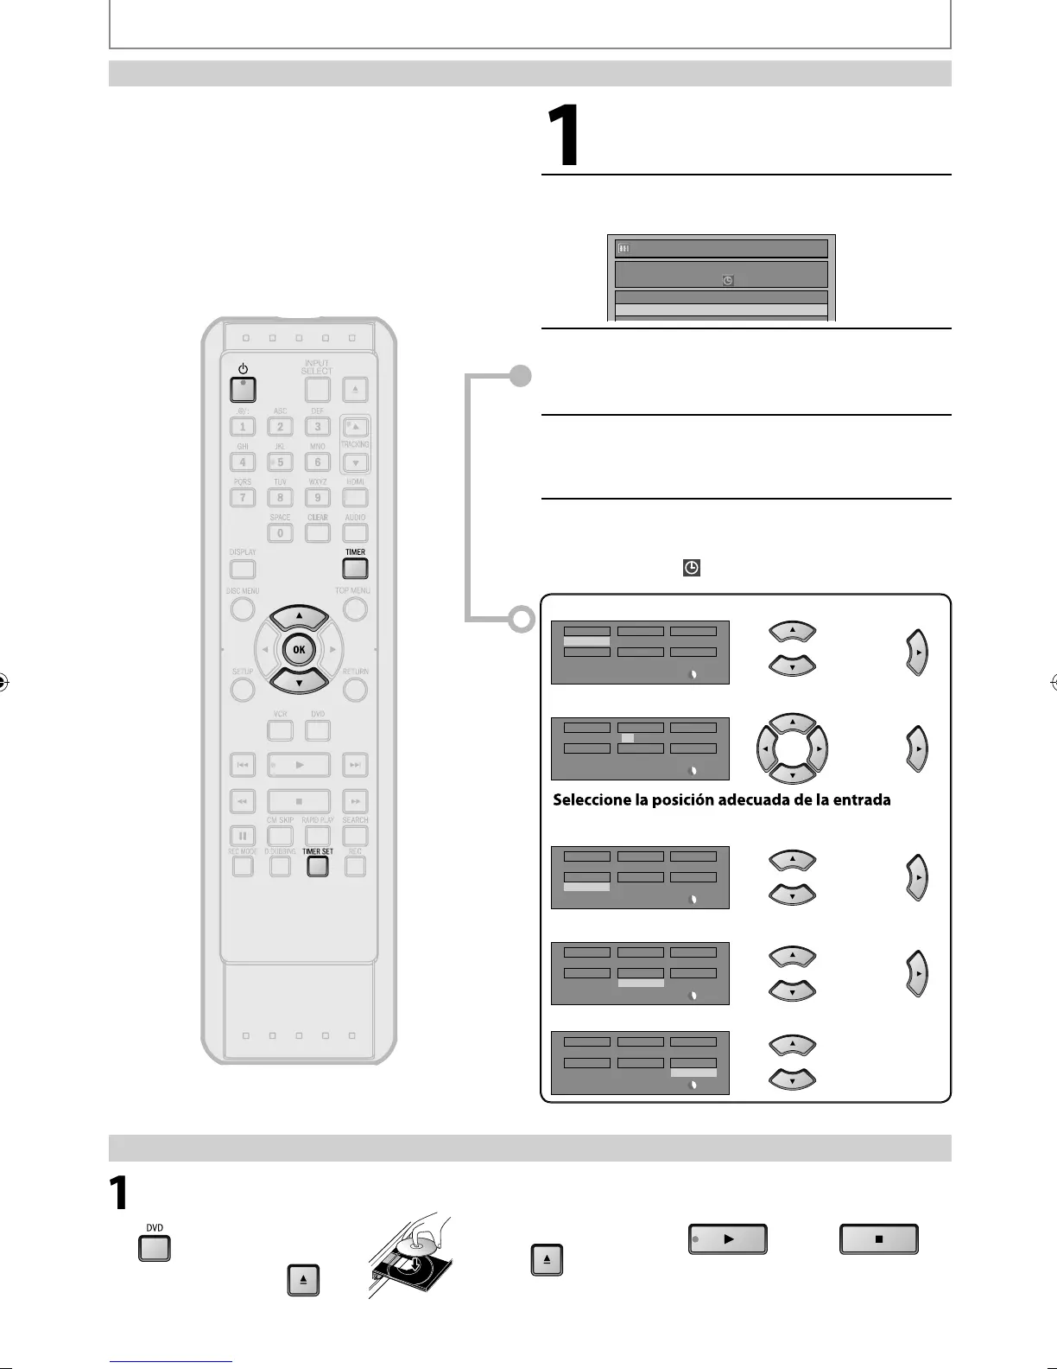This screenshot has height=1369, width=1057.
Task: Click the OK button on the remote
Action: click(x=299, y=650)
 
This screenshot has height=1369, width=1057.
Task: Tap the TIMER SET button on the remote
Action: click(x=318, y=866)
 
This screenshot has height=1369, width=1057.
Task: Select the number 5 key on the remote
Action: click(x=280, y=462)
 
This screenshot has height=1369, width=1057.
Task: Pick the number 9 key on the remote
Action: click(x=318, y=498)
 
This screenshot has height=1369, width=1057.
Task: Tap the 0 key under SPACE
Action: click(x=280, y=533)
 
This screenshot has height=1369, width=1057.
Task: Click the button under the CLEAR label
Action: click(x=318, y=533)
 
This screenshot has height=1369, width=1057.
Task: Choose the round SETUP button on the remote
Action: click(x=243, y=690)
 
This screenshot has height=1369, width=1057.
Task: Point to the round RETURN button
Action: click(x=355, y=690)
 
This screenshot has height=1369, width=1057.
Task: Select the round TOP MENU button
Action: click(x=355, y=608)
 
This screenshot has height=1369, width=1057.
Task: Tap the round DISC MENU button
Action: click(x=243, y=608)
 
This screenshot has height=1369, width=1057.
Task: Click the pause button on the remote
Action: click(x=243, y=836)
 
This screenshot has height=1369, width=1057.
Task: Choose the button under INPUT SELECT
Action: click(x=318, y=390)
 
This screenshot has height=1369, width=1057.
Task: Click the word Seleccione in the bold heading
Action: click(x=592, y=800)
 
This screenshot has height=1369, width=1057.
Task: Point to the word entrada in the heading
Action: click(x=863, y=800)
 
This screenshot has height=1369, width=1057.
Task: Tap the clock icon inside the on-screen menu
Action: click(x=727, y=280)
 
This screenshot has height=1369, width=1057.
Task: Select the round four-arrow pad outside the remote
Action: click(x=792, y=748)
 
